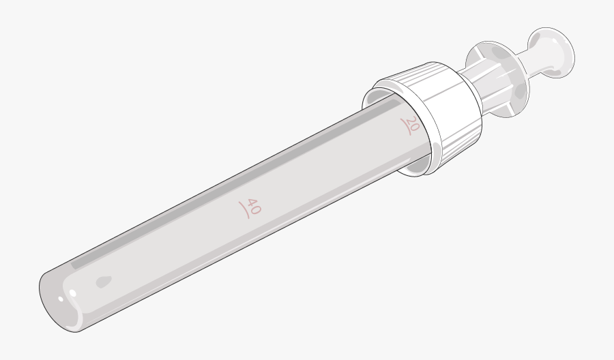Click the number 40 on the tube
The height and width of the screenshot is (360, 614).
tap(253, 207)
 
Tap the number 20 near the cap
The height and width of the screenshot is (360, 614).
tap(411, 124)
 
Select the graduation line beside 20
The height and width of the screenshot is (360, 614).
tap(405, 127)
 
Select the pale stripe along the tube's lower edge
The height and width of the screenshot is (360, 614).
tap(239, 252)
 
